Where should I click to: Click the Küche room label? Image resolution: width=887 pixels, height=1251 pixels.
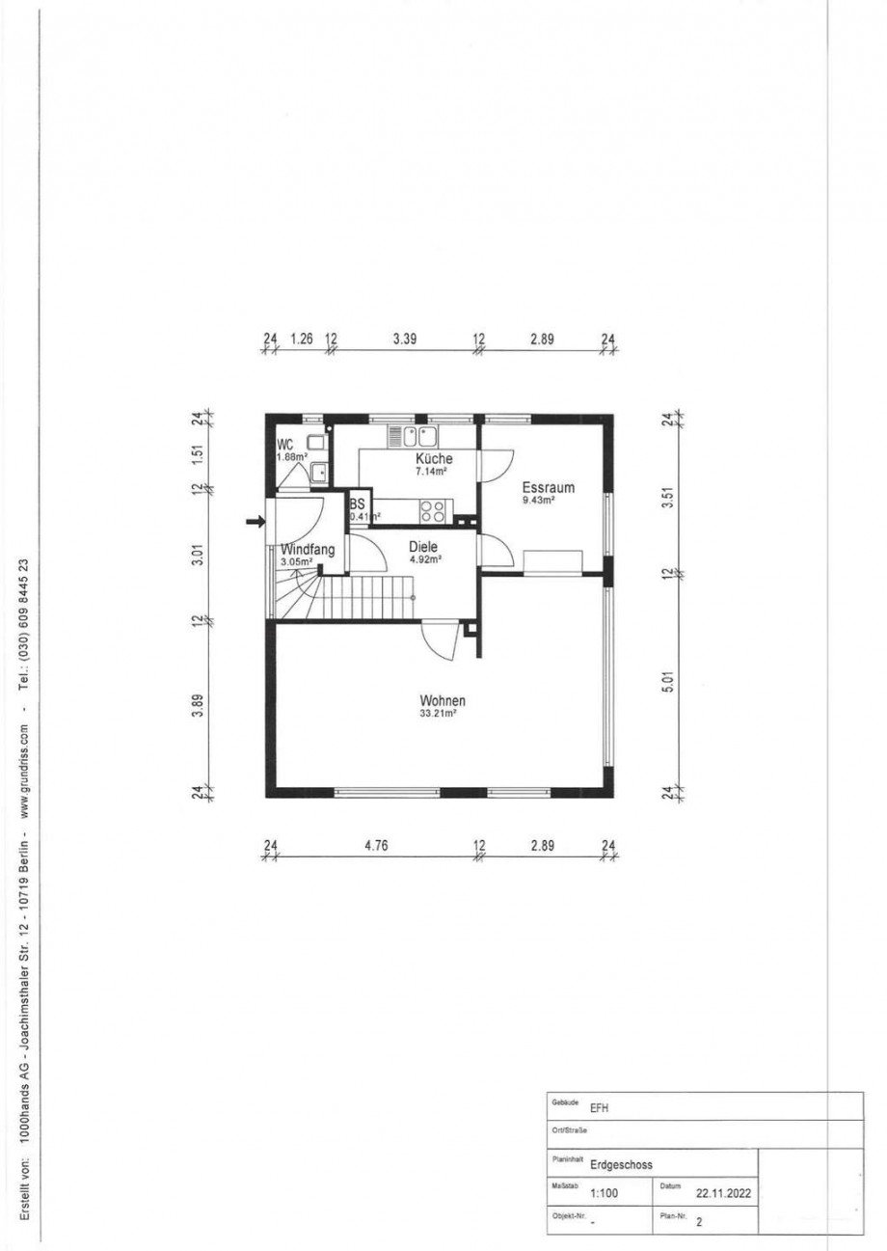coord(434,458)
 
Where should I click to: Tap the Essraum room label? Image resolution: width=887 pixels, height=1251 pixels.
coord(549,487)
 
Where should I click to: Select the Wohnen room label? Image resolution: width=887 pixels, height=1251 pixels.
coord(443,700)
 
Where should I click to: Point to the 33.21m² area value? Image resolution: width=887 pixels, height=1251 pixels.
coord(438,713)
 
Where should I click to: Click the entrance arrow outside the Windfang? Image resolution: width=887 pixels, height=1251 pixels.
coord(256,522)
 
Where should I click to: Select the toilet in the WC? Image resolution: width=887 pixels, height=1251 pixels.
coord(316,443)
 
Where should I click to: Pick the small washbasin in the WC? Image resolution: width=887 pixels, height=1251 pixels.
coord(319,472)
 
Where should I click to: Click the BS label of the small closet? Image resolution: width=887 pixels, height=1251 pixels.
coord(358,504)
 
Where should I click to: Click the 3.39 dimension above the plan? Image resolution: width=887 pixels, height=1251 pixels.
coord(405,339)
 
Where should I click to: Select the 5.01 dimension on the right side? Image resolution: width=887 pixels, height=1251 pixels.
coord(669,681)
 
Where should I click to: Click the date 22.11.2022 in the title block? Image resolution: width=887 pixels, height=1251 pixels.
coord(723,1194)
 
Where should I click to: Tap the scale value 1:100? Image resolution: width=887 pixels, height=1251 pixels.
coord(604,1193)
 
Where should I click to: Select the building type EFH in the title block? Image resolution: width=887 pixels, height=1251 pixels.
coord(599,1108)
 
